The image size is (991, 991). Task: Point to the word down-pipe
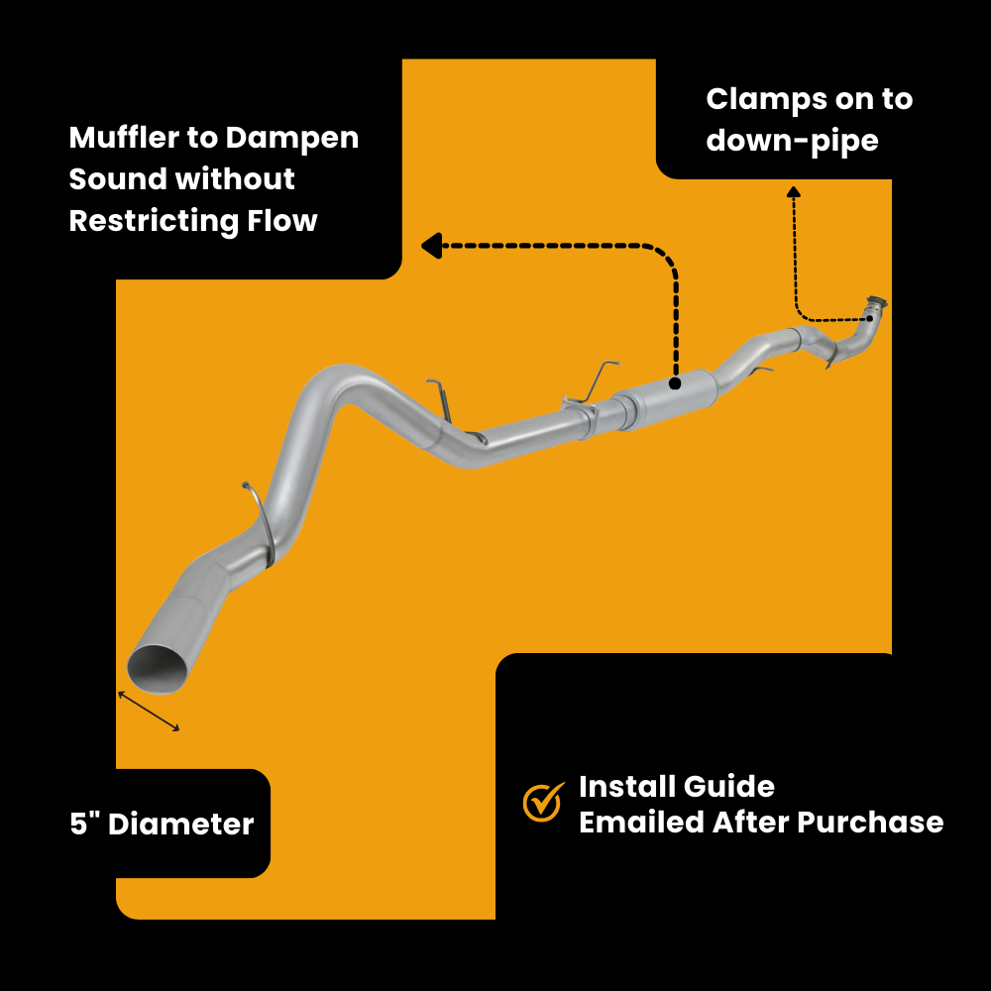(x=792, y=141)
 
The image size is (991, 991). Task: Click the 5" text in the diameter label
(x=83, y=824)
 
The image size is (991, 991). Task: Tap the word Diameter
(x=180, y=824)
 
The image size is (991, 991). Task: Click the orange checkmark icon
(x=542, y=802)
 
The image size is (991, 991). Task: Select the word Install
(x=621, y=787)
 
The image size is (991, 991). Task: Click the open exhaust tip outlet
(x=158, y=667)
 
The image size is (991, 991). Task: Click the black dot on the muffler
(x=674, y=382)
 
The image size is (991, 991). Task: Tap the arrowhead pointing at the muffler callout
(x=430, y=245)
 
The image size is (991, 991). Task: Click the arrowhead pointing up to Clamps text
(x=793, y=191)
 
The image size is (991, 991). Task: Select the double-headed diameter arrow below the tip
(x=149, y=711)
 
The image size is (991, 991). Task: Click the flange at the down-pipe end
(x=875, y=303)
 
